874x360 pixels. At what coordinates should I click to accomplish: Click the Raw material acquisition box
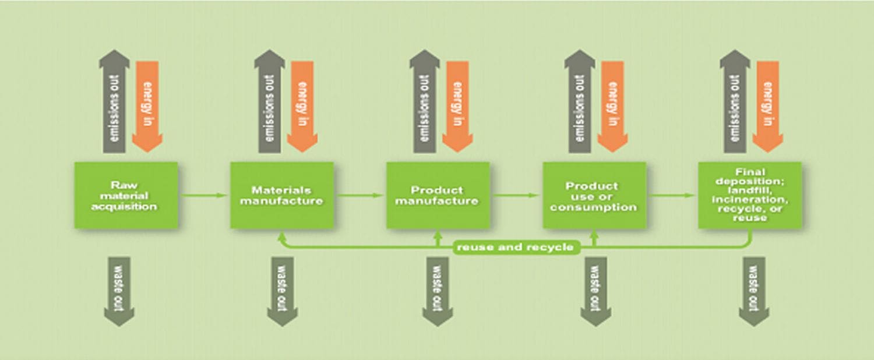click(126, 195)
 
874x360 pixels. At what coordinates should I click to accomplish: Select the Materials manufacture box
click(281, 195)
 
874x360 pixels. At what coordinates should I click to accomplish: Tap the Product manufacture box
click(438, 195)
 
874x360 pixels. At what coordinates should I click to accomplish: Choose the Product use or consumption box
click(594, 195)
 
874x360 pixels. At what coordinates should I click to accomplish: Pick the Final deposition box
click(750, 195)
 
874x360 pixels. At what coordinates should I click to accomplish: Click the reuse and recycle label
click(515, 247)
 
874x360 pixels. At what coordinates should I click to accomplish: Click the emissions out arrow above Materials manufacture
click(270, 102)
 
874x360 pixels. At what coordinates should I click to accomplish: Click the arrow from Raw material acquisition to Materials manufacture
click(204, 195)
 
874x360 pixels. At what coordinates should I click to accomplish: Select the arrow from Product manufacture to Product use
click(516, 195)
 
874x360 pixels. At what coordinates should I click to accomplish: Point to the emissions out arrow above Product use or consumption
click(580, 102)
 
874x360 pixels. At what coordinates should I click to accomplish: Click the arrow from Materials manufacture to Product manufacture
click(360, 195)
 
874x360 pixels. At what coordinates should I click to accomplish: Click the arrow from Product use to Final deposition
click(672, 195)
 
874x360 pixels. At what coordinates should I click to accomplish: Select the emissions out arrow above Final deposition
click(735, 102)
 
